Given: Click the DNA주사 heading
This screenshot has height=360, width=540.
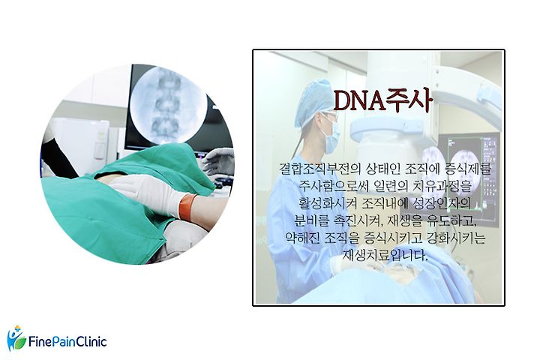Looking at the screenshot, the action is tap(382, 100).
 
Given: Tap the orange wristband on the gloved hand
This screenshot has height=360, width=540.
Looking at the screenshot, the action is tap(187, 208).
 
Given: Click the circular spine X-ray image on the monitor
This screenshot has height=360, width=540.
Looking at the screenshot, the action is tap(168, 105).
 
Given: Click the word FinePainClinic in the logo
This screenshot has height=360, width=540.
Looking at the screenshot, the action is tap(67, 342).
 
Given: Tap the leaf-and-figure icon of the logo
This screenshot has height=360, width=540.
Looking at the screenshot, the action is tap(16, 338).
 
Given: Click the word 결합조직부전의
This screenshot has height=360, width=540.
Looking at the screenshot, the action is tap(319, 169).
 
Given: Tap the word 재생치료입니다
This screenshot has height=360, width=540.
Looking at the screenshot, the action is tap(385, 255).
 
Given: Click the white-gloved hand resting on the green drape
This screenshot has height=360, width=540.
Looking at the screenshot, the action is tap(145, 193).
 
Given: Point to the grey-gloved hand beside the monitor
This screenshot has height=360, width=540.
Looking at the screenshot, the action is tap(218, 161).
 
